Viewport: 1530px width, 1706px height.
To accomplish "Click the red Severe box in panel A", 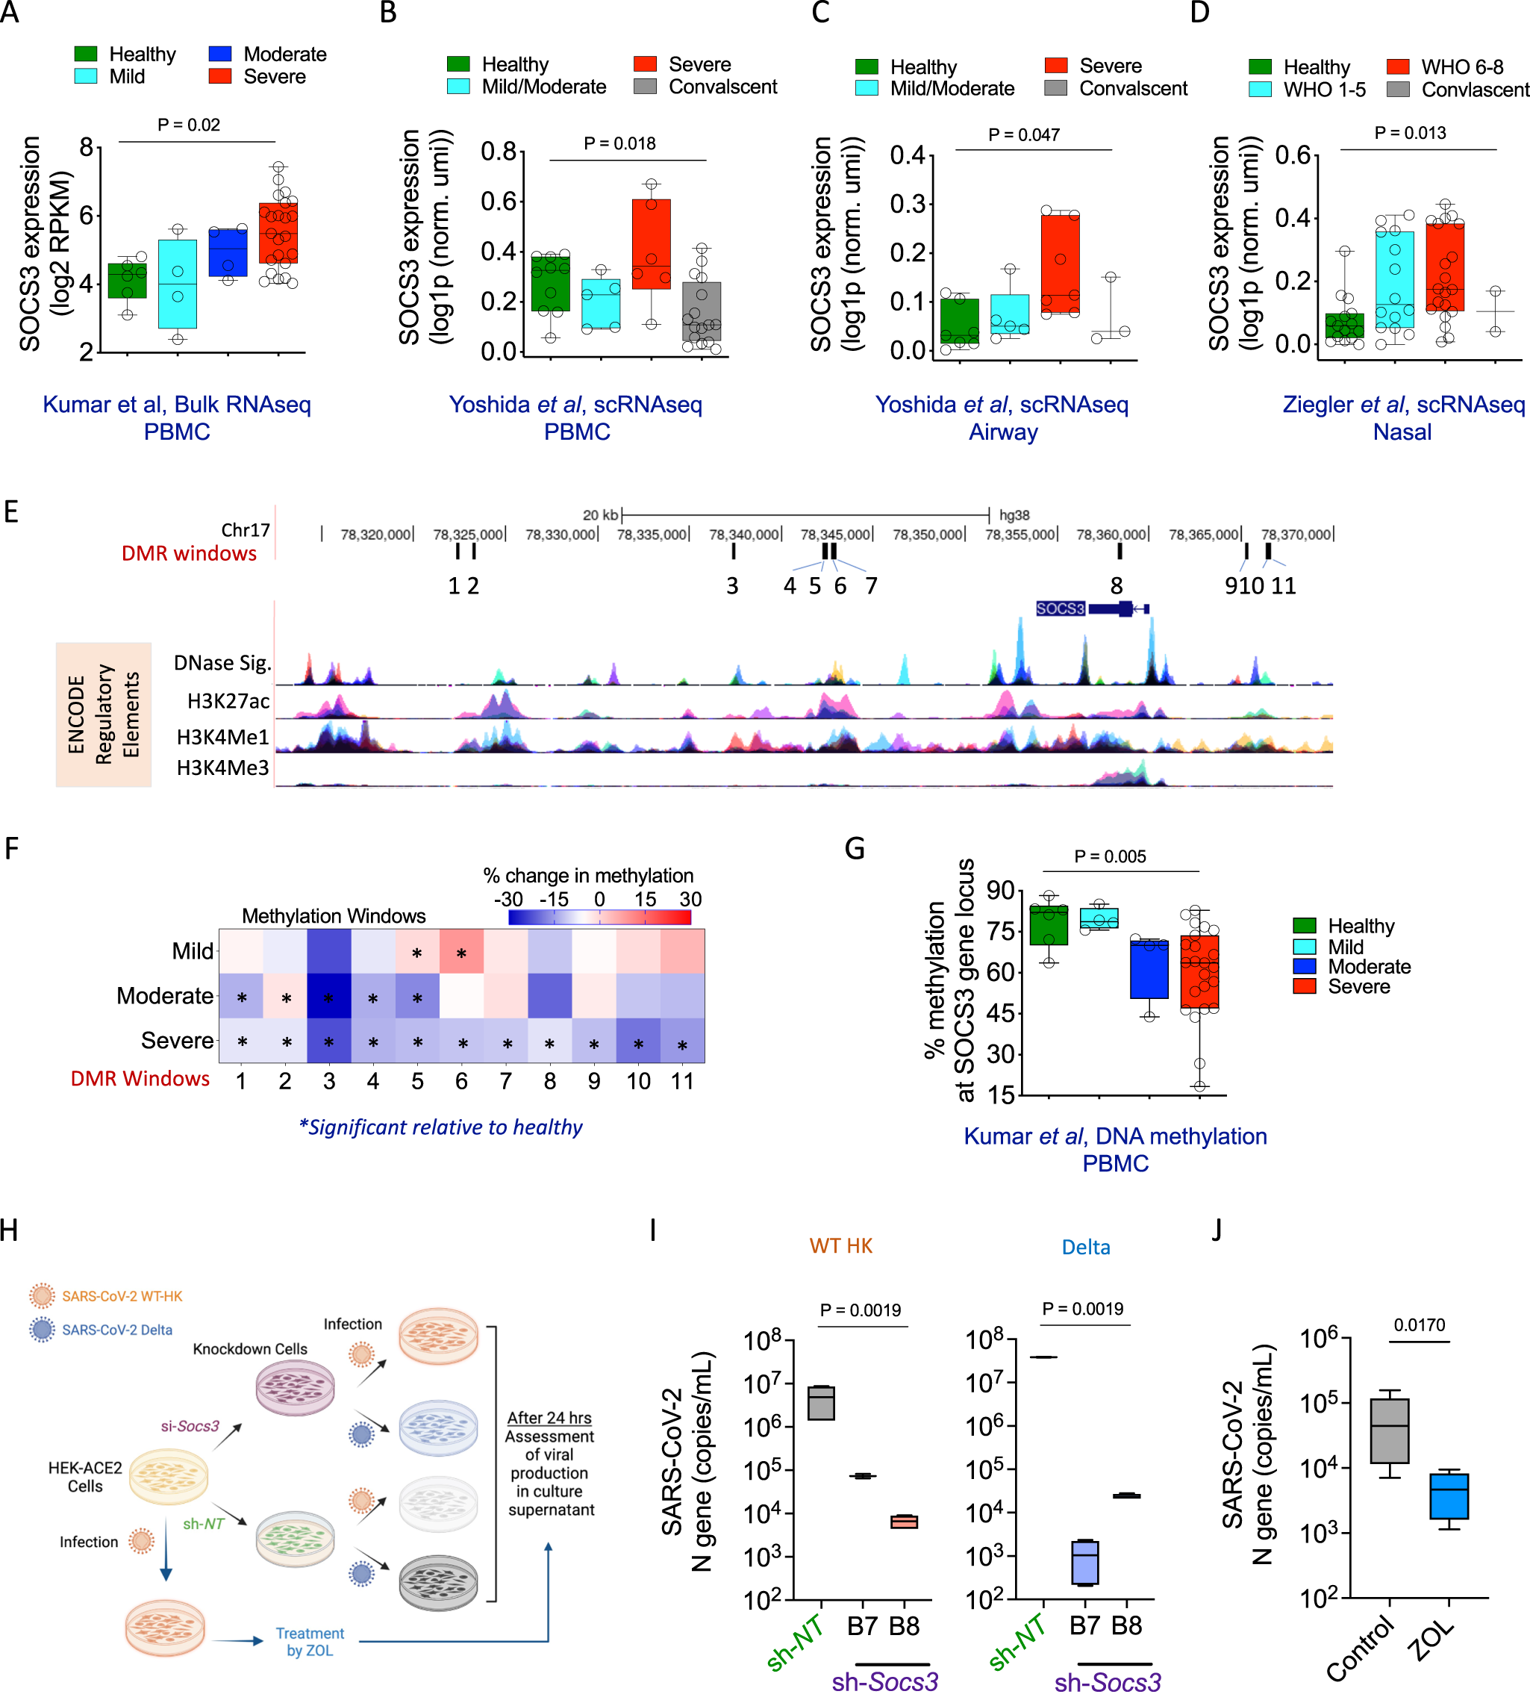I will (278, 233).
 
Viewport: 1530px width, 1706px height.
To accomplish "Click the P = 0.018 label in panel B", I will (619, 144).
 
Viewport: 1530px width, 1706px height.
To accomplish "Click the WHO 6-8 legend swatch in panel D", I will (1397, 66).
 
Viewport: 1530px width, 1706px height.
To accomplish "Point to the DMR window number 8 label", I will (1116, 586).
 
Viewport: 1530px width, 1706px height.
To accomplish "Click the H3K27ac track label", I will (228, 701).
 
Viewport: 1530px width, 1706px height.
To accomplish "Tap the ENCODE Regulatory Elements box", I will (104, 715).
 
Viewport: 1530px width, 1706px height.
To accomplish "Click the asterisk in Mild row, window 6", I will (460, 953).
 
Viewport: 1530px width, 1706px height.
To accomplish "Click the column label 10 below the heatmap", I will (638, 1081).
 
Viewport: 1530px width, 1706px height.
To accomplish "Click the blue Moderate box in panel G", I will (1149, 968).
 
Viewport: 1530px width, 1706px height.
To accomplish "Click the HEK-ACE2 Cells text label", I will (85, 1477).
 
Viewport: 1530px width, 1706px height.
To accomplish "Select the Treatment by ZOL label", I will (310, 1641).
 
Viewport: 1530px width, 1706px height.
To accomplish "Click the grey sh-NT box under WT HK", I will (820, 1404).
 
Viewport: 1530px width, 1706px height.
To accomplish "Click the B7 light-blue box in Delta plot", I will (1084, 1562).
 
